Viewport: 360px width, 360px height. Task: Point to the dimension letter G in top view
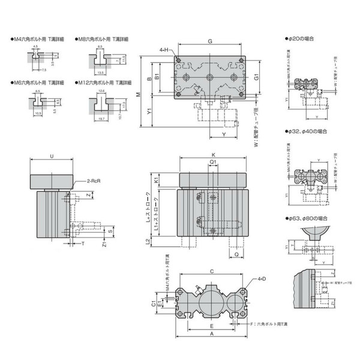click(x=209, y=41)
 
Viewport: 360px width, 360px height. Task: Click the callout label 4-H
click(x=163, y=50)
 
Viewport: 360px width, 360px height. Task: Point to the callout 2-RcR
click(x=92, y=180)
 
